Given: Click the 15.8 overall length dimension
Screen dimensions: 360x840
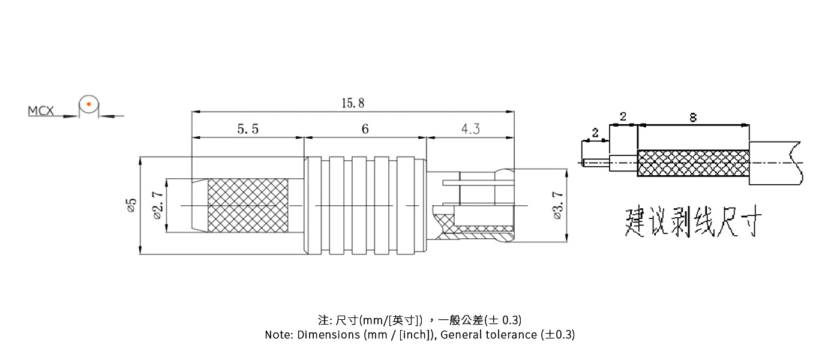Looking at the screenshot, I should tap(353, 103).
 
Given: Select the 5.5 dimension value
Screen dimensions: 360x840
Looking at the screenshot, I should tap(248, 129).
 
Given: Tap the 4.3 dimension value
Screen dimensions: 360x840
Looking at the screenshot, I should tap(470, 129).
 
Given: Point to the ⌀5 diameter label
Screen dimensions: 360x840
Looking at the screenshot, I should tap(131, 205).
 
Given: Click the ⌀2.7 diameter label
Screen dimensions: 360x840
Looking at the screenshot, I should tap(158, 205).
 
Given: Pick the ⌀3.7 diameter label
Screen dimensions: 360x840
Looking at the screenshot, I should tap(557, 206).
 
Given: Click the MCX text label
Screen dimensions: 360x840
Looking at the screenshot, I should tap(41, 111).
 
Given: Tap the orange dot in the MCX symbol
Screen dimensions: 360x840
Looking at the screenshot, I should tap(88, 104).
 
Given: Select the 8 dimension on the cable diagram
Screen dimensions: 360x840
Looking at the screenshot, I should tap(693, 118).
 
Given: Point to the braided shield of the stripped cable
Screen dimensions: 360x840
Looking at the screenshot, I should tap(693, 163).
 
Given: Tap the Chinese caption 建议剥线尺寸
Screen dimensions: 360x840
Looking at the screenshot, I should tap(693, 223).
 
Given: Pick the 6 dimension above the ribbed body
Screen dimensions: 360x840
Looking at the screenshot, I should tap(365, 129).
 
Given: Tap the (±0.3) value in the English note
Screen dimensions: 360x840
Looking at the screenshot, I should tap(557, 335).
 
